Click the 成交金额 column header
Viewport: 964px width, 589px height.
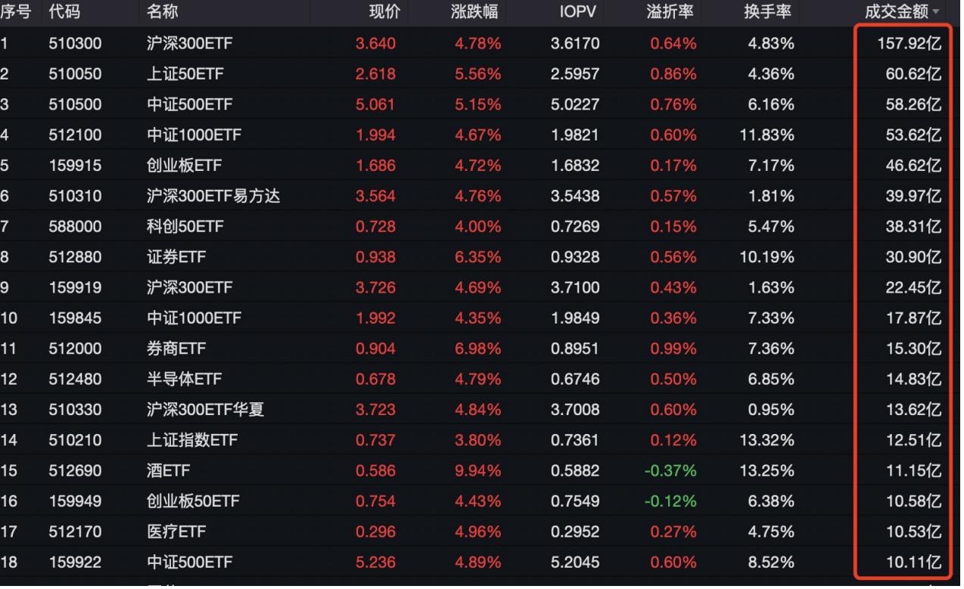[x=897, y=12]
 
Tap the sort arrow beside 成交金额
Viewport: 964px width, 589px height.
[x=936, y=13]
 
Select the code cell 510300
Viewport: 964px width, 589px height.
[x=75, y=43]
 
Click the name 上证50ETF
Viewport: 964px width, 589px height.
[x=185, y=74]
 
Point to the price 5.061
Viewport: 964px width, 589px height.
[x=375, y=104]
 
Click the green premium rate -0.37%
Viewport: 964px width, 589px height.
[x=670, y=470]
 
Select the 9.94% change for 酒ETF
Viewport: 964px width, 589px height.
[x=477, y=470]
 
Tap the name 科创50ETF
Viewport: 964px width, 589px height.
[x=185, y=226]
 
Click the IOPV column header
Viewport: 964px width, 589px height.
[x=579, y=12]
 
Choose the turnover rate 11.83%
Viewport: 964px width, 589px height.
[x=767, y=135]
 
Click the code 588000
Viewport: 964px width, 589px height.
[x=75, y=226]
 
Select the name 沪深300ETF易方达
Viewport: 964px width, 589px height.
[x=213, y=196]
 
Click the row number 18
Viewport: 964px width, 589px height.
[x=8, y=562]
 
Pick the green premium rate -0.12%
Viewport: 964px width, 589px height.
[x=670, y=501]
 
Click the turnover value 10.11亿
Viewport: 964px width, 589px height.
[x=914, y=562]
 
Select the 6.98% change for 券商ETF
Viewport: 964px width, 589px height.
[x=477, y=349]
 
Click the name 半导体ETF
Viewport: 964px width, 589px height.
[x=185, y=379]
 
